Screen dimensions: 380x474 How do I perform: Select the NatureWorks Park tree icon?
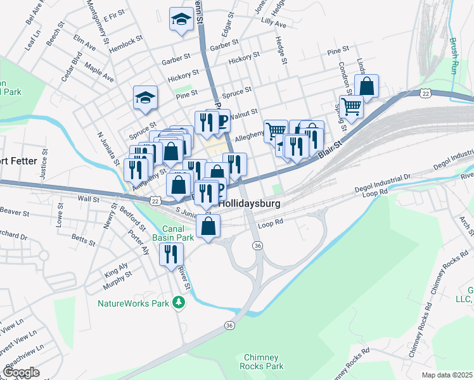pyautogui.click(x=179, y=303)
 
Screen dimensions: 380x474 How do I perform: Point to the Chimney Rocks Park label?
pyautogui.click(x=261, y=362)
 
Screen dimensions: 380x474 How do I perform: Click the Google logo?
pyautogui.click(x=22, y=372)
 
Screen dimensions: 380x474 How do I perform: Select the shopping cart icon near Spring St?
pyautogui.click(x=351, y=106)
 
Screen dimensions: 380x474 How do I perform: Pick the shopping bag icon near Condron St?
pyautogui.click(x=367, y=85)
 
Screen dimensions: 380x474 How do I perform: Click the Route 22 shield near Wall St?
pyautogui.click(x=155, y=200)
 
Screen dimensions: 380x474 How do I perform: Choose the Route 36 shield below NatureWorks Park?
pyautogui.click(x=229, y=325)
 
